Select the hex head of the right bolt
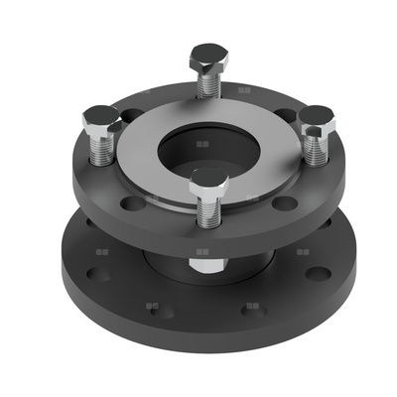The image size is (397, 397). (317, 117)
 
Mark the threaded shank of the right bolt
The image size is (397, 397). (316, 146)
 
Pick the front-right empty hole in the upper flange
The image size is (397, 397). (285, 203)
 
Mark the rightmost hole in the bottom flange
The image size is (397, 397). (318, 273)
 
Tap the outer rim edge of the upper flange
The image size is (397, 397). (198, 241)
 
